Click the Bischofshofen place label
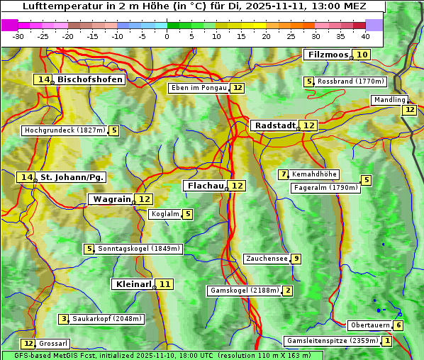pyautogui.click(x=90, y=80)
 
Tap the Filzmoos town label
pyautogui.click(x=327, y=55)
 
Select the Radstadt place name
pyautogui.click(x=274, y=125)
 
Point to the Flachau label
pyautogui.click(x=205, y=186)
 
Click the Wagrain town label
pyautogui.click(x=112, y=199)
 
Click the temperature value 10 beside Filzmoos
pyautogui.click(x=362, y=55)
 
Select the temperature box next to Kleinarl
pyautogui.click(x=164, y=284)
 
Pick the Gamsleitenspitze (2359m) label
pyautogui.click(x=331, y=341)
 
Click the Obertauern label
pyautogui.click(x=370, y=325)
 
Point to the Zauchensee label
pyautogui.click(x=267, y=259)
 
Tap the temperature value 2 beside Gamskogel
pyautogui.click(x=287, y=291)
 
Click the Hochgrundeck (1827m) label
pyautogui.click(x=65, y=130)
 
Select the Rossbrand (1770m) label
pyautogui.click(x=350, y=81)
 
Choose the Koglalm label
pyautogui.click(x=164, y=214)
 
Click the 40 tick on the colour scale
pyautogui.click(x=365, y=36)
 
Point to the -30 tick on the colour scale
pyautogui.click(x=18, y=36)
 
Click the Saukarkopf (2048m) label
pyautogui.click(x=107, y=319)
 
